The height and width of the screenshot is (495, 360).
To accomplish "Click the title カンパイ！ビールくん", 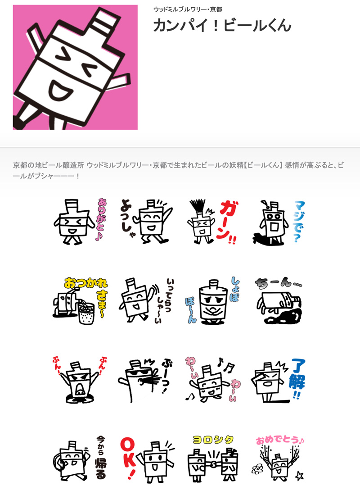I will [x=222, y=26].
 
